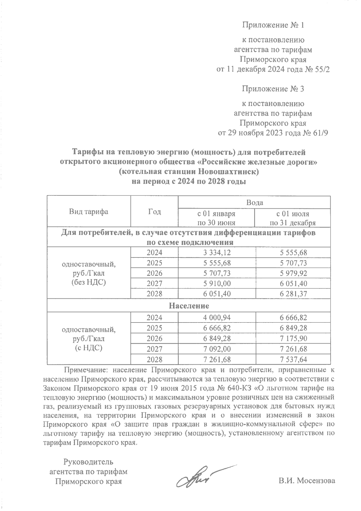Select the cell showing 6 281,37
click(293, 294)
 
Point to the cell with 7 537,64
click(293, 359)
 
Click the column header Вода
click(255, 202)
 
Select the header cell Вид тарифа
click(88, 212)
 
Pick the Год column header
click(154, 212)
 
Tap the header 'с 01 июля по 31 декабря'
click(293, 218)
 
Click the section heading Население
click(189, 306)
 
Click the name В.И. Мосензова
click(307, 481)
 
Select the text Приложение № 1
click(273, 25)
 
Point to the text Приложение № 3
click(273, 89)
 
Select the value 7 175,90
click(293, 338)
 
